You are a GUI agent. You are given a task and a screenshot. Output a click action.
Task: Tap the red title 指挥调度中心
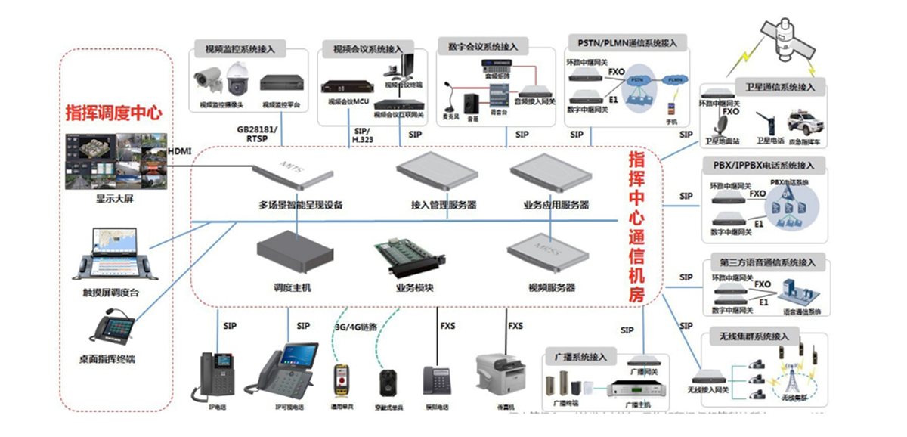(114, 113)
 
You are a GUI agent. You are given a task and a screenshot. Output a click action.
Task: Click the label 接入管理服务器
(444, 205)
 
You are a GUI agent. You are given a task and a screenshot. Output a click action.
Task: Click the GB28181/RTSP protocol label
(257, 134)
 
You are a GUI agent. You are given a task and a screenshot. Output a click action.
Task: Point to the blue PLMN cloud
(672, 79)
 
